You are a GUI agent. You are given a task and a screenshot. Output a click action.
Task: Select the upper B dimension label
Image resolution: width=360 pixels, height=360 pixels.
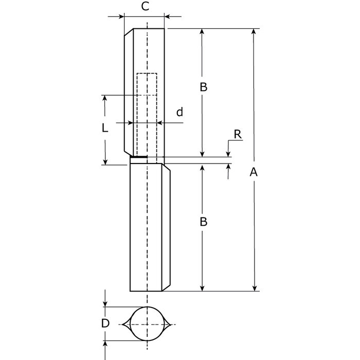(x=203, y=87)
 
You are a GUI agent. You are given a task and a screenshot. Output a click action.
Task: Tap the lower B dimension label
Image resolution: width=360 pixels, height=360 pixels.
(x=203, y=222)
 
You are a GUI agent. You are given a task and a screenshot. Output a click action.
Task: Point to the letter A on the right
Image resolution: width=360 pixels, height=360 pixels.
(x=253, y=173)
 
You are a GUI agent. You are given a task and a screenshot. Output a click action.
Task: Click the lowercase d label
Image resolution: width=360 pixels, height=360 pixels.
(x=179, y=112)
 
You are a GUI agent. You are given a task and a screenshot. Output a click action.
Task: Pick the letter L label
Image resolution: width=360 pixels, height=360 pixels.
(x=105, y=129)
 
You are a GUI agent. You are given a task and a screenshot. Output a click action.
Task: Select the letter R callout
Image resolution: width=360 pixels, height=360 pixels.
(x=237, y=134)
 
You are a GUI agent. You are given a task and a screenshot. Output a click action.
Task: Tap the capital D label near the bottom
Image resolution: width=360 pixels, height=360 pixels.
(x=105, y=323)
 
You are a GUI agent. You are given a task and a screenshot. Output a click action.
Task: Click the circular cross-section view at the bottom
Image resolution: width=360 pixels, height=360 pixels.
(x=147, y=324)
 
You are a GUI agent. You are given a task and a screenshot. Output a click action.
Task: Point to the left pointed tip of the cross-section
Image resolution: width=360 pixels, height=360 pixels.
(x=123, y=324)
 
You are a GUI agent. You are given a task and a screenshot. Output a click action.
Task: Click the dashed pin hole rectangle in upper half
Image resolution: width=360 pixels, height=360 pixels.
(x=147, y=114)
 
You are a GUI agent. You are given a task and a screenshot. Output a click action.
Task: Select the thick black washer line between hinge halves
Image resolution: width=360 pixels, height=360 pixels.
(x=139, y=157)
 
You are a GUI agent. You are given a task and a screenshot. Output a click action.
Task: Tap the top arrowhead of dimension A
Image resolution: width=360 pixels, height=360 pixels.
(x=253, y=32)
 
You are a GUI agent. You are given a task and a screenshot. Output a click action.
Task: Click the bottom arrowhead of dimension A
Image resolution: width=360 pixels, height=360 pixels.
(x=253, y=288)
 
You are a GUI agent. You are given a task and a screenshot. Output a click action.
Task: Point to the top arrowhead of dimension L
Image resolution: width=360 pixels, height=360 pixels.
(x=105, y=98)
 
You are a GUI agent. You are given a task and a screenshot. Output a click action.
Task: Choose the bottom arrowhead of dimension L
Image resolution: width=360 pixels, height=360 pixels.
(x=105, y=161)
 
